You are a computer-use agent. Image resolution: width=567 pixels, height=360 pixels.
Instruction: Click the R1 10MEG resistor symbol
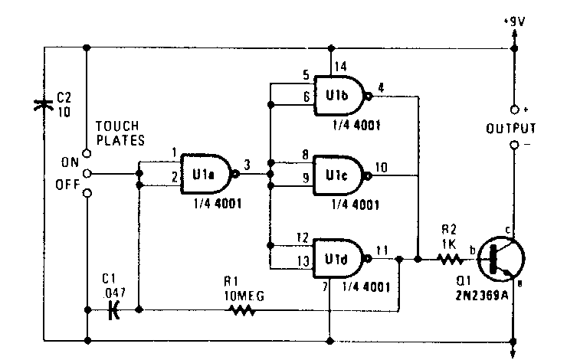(243, 310)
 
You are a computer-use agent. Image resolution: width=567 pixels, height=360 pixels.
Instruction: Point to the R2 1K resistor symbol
(450, 260)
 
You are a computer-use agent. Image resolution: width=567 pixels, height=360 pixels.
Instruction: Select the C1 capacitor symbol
(115, 310)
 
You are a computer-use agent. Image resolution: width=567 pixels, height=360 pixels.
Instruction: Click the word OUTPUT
(511, 127)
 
